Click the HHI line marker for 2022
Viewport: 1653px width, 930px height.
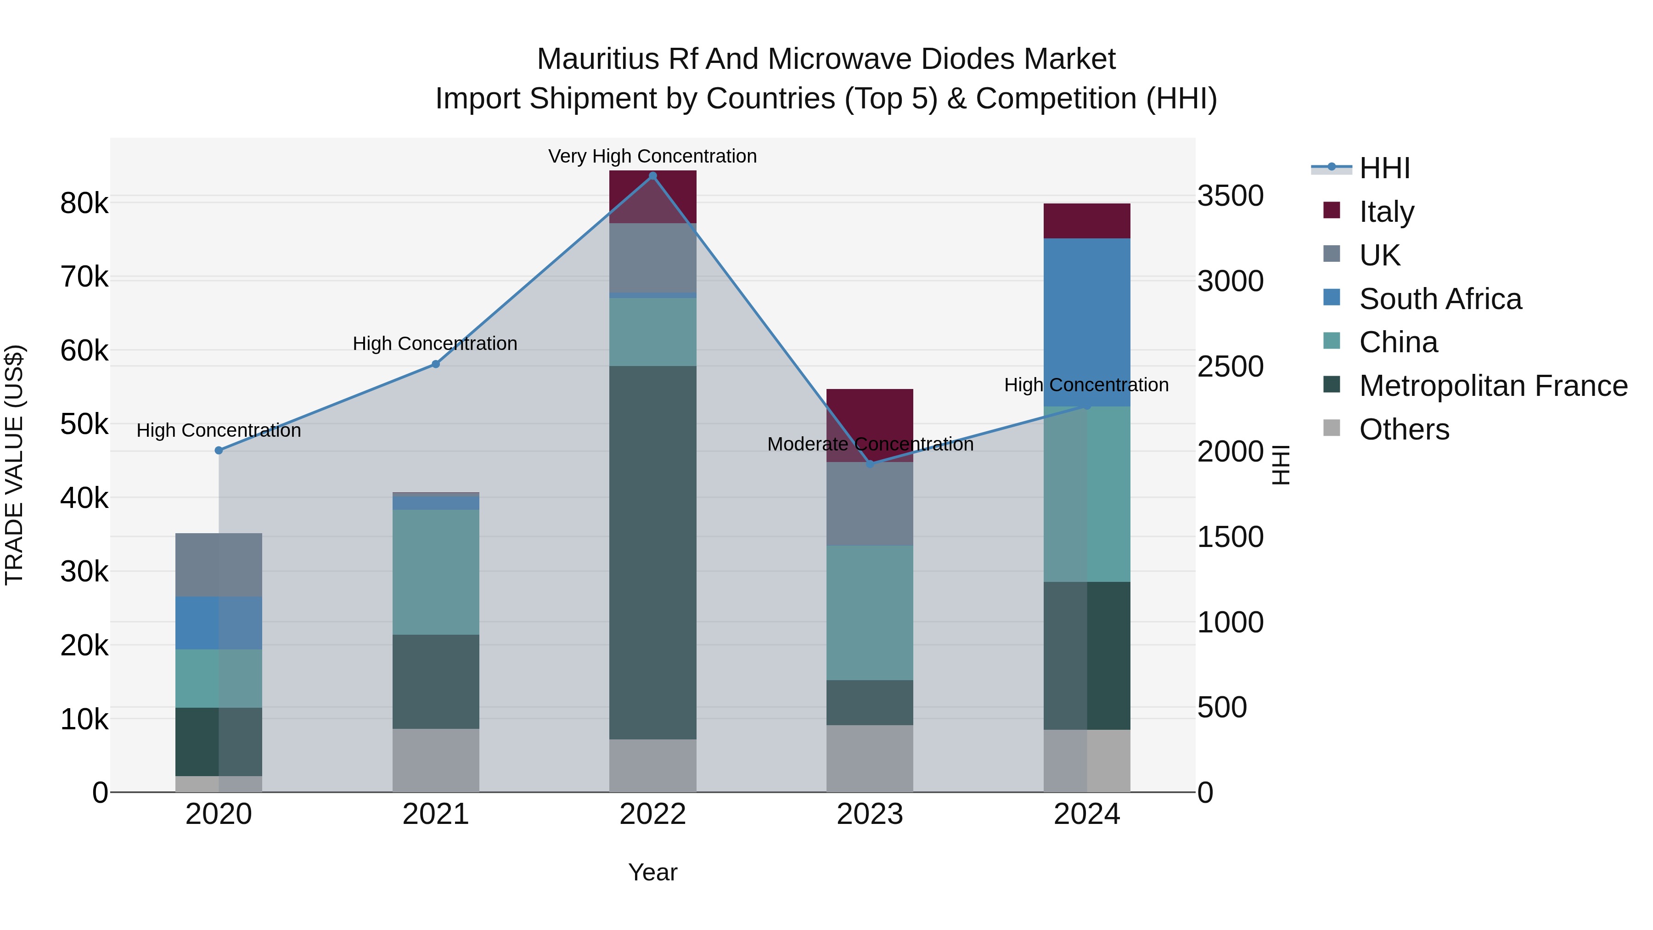pos(652,176)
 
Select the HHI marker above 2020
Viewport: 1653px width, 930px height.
pos(219,451)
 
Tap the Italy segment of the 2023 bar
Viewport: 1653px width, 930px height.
pos(870,417)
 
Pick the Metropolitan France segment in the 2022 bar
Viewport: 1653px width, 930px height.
pos(652,552)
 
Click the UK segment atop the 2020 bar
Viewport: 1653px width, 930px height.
pos(219,565)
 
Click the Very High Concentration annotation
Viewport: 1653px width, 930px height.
pos(652,157)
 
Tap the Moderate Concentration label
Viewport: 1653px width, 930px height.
pos(870,444)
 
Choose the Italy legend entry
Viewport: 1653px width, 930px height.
pos(1386,212)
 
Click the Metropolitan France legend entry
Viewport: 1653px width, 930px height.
pos(1493,386)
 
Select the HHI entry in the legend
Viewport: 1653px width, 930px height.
pos(1384,168)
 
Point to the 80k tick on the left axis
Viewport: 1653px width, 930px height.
pos(84,203)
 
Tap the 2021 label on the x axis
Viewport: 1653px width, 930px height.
pos(436,814)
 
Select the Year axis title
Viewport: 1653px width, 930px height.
pos(652,872)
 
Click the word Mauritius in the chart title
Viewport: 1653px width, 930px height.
pos(597,59)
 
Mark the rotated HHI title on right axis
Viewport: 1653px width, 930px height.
pos(1280,465)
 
